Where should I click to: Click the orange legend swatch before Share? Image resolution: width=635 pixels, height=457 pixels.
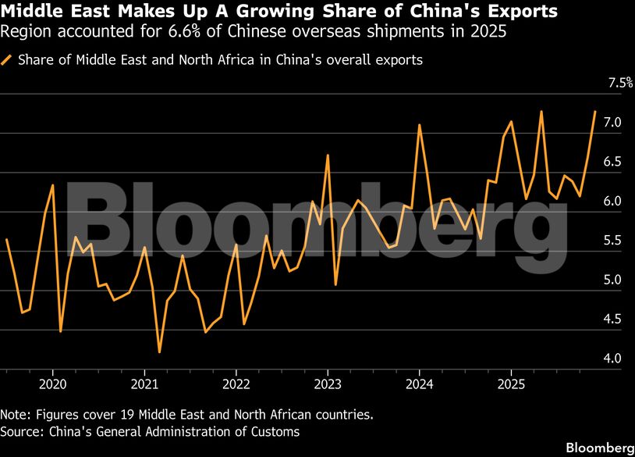7,60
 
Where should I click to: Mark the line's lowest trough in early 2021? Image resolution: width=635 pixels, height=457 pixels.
159,352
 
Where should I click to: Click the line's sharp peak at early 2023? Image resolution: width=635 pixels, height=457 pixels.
328,155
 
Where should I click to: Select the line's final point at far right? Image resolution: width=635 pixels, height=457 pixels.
595,112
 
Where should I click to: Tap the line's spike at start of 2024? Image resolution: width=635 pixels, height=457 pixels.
420,125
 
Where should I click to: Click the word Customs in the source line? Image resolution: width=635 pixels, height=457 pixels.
278,431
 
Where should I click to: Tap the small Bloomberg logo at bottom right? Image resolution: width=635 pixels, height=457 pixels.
600,448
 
